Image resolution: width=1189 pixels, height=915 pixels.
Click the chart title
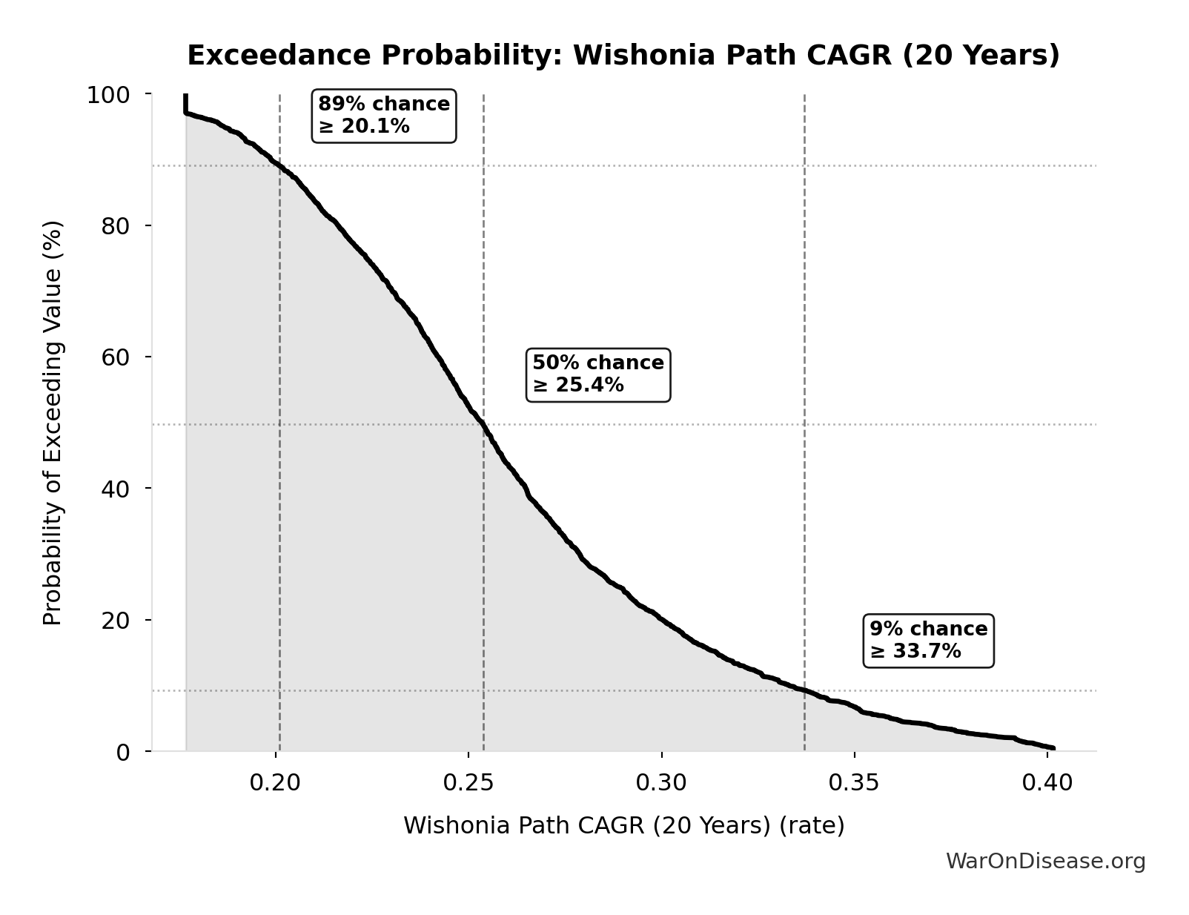623,56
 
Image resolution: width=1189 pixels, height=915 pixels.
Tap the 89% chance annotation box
384,116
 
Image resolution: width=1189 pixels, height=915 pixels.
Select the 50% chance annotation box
598,374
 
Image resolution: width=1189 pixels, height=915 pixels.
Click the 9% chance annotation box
929,641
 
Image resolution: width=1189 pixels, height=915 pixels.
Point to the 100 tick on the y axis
108,95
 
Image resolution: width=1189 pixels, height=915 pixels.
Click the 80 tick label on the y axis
116,226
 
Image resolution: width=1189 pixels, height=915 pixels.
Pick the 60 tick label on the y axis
116,357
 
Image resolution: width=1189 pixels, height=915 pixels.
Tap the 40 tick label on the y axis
116,489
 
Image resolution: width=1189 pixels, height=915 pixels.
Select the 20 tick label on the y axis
116,620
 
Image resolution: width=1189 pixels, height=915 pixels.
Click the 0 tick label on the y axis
123,752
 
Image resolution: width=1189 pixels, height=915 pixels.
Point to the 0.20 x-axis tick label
276,782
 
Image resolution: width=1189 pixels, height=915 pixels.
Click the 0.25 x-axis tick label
468,782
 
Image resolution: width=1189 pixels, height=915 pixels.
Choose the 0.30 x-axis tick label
661,782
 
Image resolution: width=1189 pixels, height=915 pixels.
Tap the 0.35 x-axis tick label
854,782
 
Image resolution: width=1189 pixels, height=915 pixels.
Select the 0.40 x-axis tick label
1047,782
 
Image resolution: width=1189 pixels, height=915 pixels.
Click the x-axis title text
623,825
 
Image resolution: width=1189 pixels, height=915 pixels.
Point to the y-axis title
53,423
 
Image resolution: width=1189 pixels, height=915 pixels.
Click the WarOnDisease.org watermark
1045,861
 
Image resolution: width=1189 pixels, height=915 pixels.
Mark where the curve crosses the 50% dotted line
483,425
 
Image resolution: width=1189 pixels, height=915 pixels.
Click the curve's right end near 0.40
1053,748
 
